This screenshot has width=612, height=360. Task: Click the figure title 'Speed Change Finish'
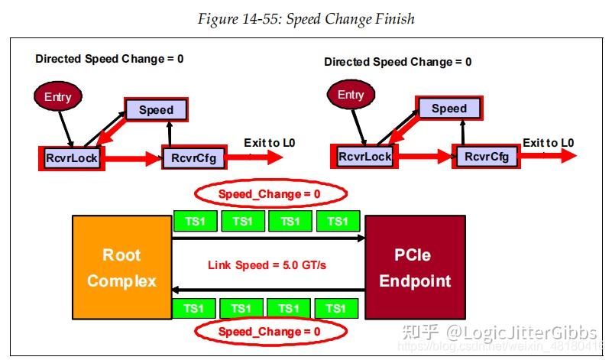point(306,19)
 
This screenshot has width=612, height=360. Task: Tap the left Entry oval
point(58,96)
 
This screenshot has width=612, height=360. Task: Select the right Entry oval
point(351,95)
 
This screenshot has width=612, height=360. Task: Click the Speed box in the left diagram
point(156,109)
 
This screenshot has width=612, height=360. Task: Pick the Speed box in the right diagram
point(448,108)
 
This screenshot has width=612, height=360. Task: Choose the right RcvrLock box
point(365,157)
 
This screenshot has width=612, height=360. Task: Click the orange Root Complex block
point(121,268)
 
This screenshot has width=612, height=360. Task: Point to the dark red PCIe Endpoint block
point(415,268)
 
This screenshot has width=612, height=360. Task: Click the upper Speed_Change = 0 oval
point(270,194)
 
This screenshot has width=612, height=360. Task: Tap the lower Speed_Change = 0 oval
point(270,332)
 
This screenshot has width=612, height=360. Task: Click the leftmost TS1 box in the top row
point(195,222)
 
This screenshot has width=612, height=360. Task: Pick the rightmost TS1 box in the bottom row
point(336,308)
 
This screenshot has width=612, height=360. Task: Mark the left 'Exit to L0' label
point(270,143)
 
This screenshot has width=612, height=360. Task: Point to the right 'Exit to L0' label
point(548,143)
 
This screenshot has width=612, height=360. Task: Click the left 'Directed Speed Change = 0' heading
point(109,58)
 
